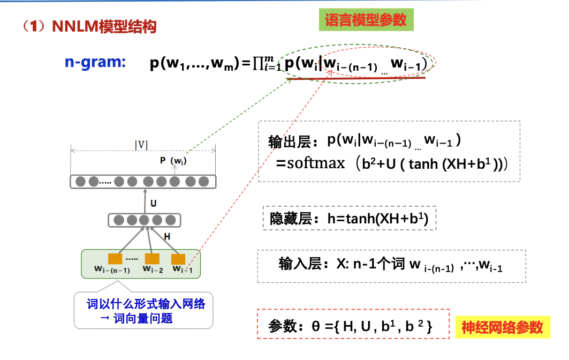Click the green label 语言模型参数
point(366,20)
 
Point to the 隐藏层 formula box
point(350,219)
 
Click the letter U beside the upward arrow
point(153,203)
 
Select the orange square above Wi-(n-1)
point(115,259)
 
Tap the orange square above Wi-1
point(178,259)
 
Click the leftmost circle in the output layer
point(81,182)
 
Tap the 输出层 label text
point(293,142)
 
